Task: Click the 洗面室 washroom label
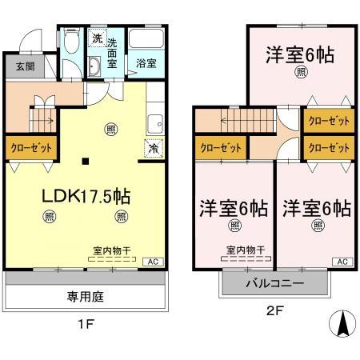(x=113, y=54)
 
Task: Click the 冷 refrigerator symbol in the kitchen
(x=153, y=147)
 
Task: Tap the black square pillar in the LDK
(x=86, y=162)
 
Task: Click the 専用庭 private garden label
(x=86, y=295)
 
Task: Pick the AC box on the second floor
(x=342, y=262)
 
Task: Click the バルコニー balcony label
(x=274, y=284)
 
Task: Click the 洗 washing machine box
(x=96, y=38)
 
